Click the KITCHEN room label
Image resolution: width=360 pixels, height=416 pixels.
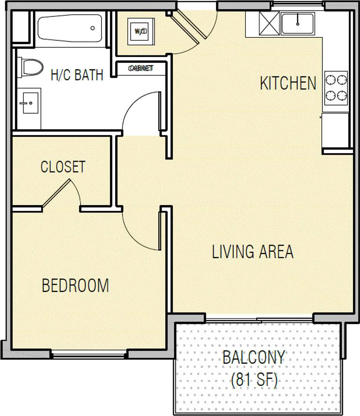(288, 83)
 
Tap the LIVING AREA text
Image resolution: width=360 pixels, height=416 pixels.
(252, 252)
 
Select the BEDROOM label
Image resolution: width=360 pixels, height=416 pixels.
(75, 286)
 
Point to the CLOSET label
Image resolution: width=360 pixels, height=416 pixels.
(63, 167)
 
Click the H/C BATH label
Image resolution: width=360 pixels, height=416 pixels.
(77, 75)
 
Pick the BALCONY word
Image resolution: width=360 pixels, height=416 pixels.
(254, 358)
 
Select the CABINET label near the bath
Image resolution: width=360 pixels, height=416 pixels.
(141, 69)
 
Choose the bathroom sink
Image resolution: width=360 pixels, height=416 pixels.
(29, 103)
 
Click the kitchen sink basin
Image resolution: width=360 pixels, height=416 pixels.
(297, 24)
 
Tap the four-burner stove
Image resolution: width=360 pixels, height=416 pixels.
(335, 87)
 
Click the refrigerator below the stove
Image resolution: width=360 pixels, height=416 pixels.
(335, 131)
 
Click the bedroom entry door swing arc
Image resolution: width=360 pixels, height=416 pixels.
(138, 232)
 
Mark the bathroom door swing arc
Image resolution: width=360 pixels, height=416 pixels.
(138, 111)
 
